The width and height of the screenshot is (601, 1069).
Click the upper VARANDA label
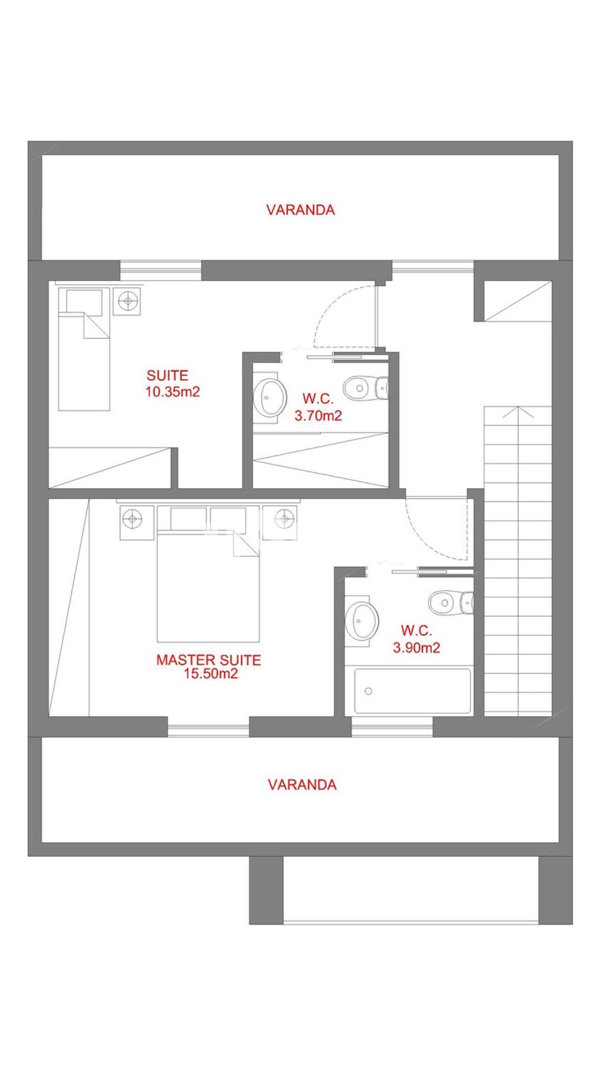300,210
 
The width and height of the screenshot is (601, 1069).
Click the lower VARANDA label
302,784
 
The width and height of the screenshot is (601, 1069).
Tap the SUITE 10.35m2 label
172,384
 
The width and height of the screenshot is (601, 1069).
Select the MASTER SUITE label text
209,660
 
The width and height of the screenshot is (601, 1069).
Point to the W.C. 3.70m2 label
318,407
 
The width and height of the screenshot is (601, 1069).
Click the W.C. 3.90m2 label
416,639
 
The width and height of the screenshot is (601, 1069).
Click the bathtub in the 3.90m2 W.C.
413,691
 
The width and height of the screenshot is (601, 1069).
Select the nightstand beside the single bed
129,301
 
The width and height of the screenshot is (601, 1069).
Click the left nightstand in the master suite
132,519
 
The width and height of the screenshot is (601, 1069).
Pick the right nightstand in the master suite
284,519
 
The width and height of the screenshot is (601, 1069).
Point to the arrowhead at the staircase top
519,412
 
